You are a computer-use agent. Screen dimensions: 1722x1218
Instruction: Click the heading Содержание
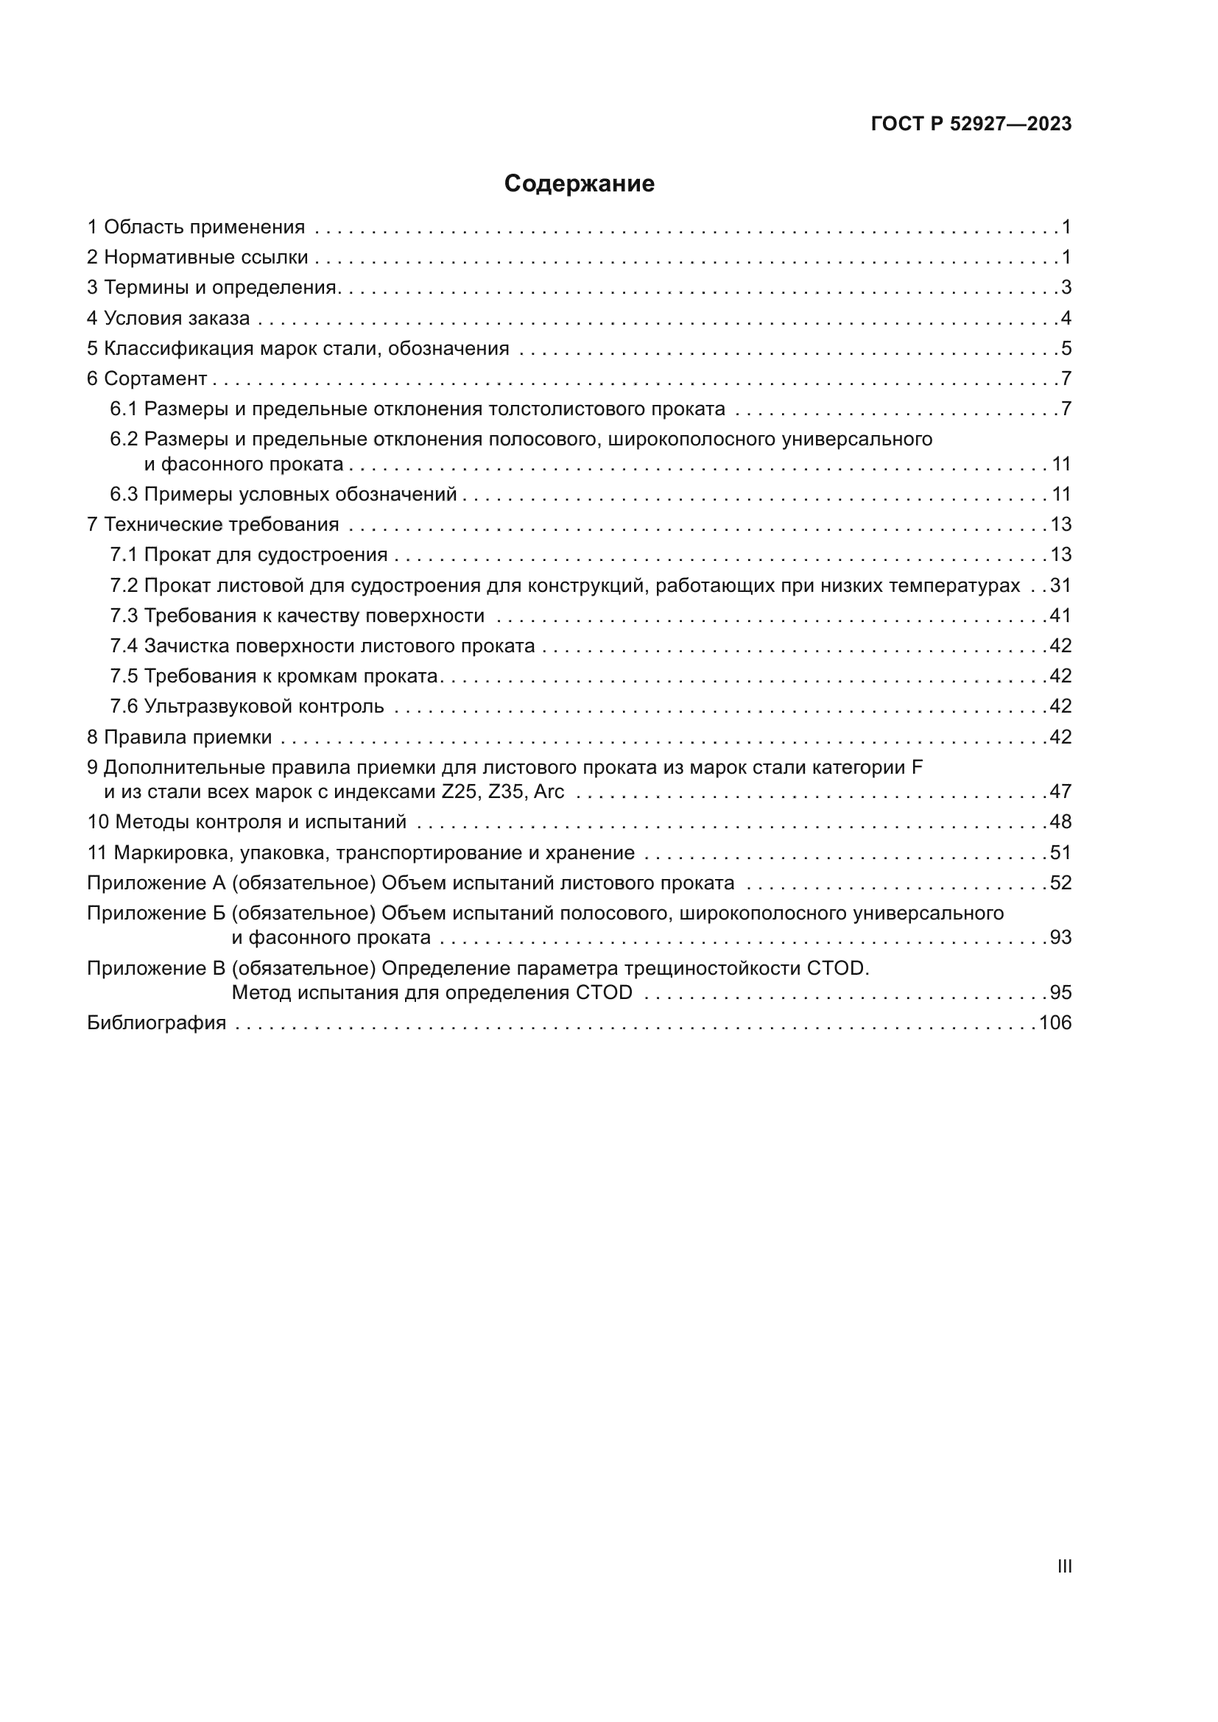pos(579,184)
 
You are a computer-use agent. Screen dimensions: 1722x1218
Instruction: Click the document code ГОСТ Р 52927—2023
pos(971,124)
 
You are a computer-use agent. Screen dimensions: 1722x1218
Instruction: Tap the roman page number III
pos(1064,1566)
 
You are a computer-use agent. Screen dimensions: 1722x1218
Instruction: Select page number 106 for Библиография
pos(1055,1023)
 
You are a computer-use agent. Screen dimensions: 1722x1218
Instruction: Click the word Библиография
pos(157,1023)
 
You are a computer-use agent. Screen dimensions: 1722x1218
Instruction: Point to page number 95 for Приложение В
pos(1060,993)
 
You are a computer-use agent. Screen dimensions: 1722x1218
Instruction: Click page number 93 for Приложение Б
pos(1060,937)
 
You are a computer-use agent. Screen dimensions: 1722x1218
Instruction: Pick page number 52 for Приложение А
pos(1060,883)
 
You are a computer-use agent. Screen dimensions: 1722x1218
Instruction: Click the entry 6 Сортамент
pos(147,378)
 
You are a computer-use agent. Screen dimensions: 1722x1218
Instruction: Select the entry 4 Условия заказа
pos(168,318)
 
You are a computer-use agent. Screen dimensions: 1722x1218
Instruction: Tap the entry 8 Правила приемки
pos(179,737)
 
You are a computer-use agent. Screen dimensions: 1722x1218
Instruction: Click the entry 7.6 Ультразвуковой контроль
pos(247,707)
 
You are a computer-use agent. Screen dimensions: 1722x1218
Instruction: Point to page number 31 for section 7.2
pos(1060,586)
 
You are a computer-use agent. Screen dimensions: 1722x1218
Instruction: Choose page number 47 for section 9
pos(1060,792)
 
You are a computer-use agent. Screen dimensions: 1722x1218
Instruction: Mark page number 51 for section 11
pos(1060,853)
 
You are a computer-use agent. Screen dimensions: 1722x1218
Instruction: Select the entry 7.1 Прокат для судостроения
pos(249,555)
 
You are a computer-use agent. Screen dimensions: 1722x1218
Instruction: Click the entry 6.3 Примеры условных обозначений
pos(284,494)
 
